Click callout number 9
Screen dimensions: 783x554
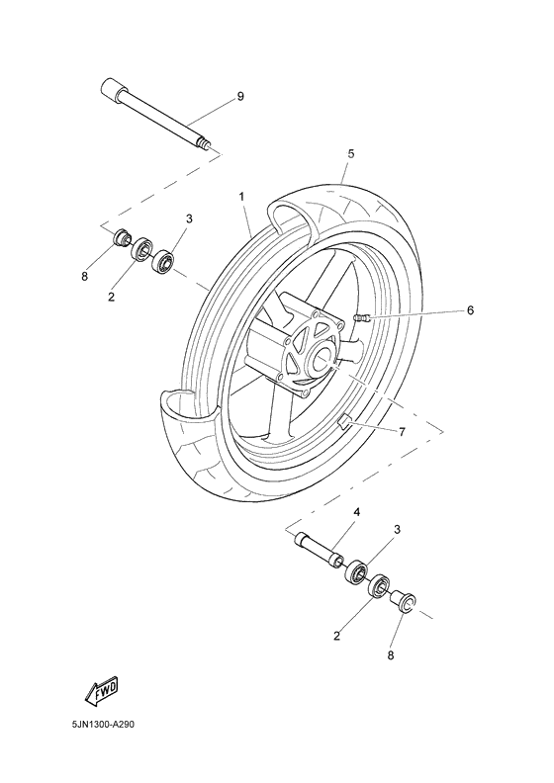pyautogui.click(x=240, y=96)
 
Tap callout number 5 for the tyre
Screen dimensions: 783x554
pyautogui.click(x=350, y=154)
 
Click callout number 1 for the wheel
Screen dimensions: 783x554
pyautogui.click(x=240, y=197)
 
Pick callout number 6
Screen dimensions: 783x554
pyautogui.click(x=470, y=310)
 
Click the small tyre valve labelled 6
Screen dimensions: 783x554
pyautogui.click(x=361, y=316)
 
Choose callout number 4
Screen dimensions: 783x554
pyautogui.click(x=357, y=511)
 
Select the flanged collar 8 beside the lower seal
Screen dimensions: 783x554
pyautogui.click(x=406, y=599)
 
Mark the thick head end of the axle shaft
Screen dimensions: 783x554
pyautogui.click(x=109, y=91)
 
